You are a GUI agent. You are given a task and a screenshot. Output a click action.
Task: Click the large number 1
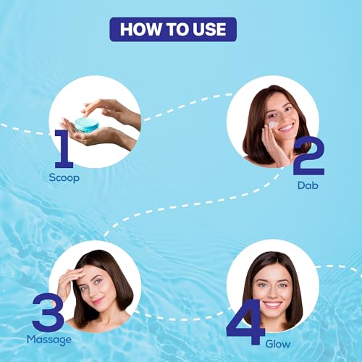(x=63, y=148)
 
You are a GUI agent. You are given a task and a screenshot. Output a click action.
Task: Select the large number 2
(x=308, y=156)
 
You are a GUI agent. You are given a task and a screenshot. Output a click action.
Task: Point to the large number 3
(x=48, y=312)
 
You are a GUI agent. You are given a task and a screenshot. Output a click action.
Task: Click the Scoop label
(x=64, y=178)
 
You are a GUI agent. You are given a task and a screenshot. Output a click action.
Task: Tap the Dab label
(x=308, y=185)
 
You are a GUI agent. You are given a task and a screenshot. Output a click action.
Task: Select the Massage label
(x=49, y=340)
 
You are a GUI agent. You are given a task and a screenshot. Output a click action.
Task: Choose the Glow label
(x=278, y=344)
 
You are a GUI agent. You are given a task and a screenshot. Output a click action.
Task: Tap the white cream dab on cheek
(x=272, y=125)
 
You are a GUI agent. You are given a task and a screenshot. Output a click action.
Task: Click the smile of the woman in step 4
(x=272, y=305)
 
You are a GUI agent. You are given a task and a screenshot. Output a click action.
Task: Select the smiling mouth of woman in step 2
(x=285, y=127)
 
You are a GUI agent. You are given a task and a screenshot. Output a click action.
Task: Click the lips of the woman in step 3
(x=98, y=301)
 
